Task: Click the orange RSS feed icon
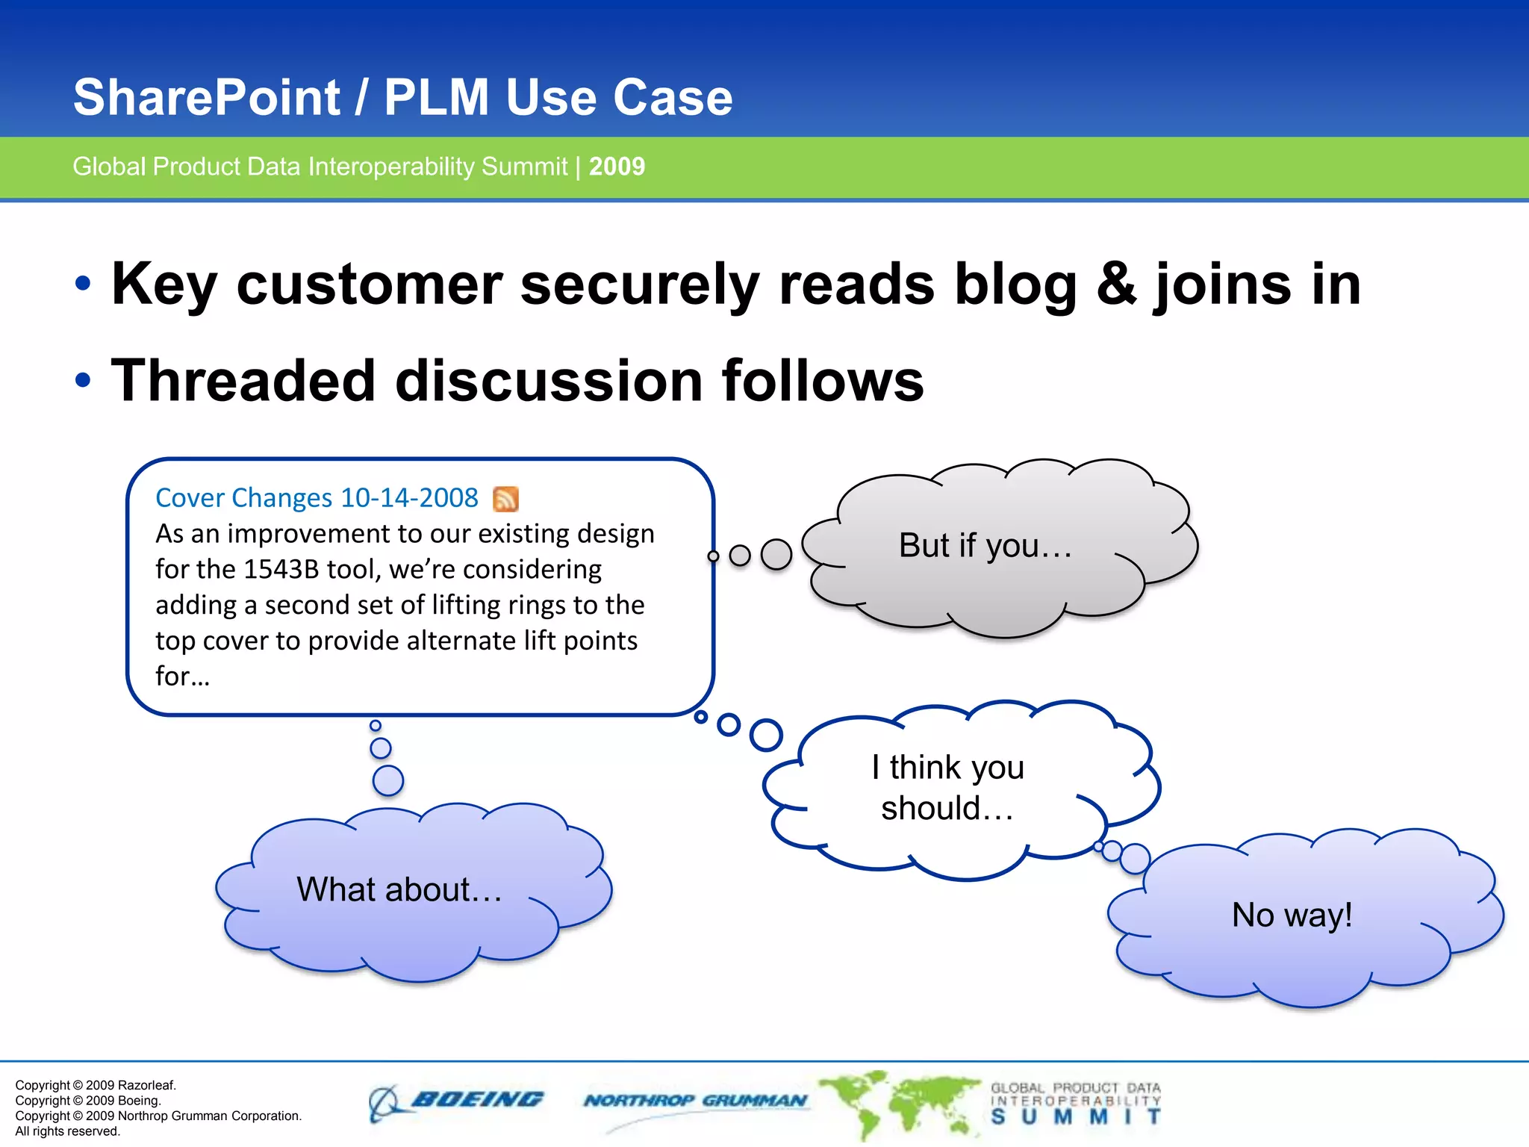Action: (505, 499)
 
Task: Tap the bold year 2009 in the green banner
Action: (617, 166)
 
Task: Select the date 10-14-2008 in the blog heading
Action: (409, 498)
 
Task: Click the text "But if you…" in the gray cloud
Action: (985, 545)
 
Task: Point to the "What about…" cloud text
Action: (399, 889)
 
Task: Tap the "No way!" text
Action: (1292, 915)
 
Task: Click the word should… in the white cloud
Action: (947, 809)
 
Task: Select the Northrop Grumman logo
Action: (695, 1101)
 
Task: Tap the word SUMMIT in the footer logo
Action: (1075, 1117)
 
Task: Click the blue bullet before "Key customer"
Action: (83, 284)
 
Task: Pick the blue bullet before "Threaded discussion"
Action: (83, 380)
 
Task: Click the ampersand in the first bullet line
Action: (1116, 284)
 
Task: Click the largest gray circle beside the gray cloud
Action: (776, 555)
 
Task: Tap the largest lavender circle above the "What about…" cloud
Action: (387, 780)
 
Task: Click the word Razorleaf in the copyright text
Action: (147, 1085)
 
